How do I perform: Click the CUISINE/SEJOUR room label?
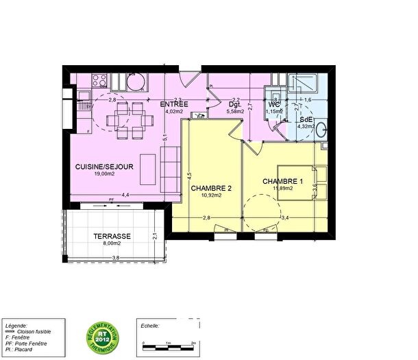104,167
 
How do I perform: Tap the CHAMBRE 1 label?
282,181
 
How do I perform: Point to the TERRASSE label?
112,237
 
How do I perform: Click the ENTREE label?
174,104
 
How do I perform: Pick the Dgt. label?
235,105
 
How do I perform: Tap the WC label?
274,105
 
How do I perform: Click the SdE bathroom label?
306,119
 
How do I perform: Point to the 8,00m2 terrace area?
112,243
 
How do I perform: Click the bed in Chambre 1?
296,182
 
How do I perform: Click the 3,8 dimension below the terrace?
116,257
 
